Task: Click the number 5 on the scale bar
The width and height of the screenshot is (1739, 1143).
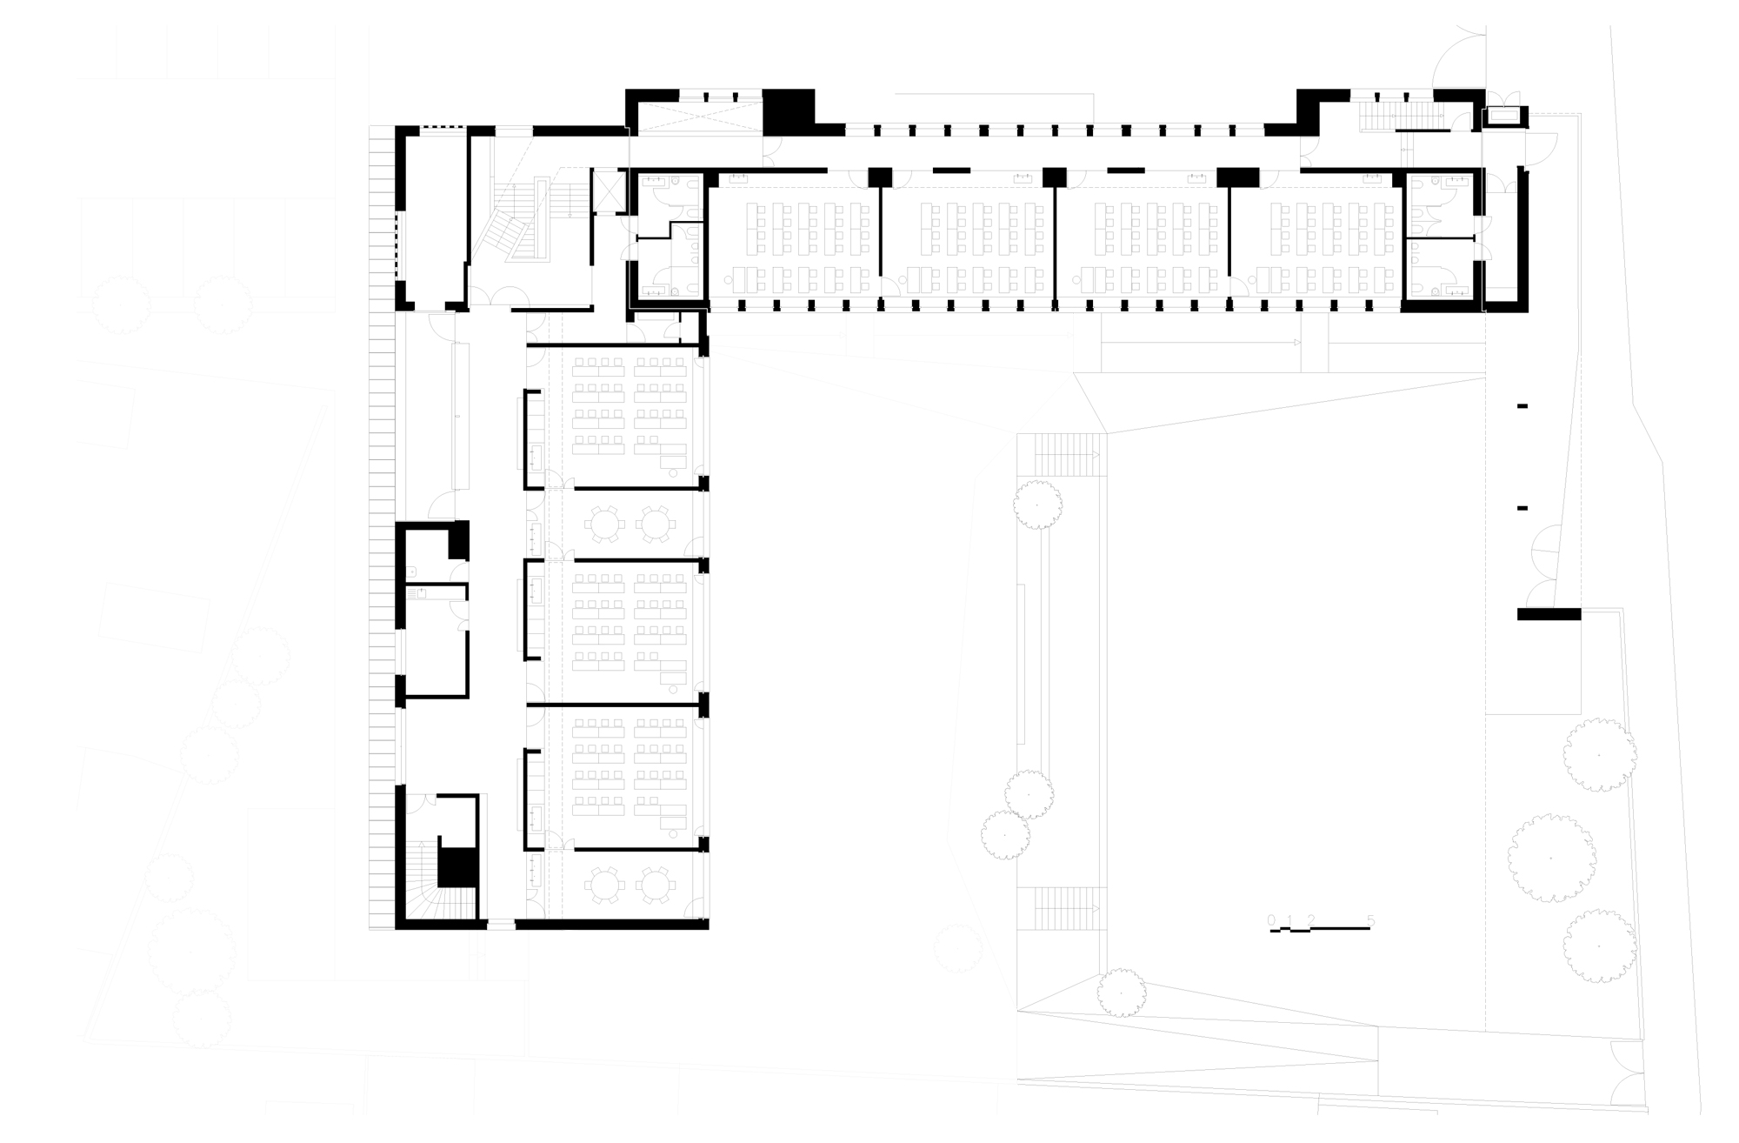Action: click(1371, 919)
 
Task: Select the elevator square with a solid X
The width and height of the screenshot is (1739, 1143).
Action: click(608, 191)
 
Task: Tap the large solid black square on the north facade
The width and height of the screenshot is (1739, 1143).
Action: click(789, 111)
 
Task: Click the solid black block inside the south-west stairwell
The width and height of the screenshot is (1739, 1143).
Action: click(457, 866)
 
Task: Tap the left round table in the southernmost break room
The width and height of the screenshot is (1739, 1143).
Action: click(604, 886)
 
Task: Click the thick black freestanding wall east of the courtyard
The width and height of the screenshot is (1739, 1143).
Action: click(1549, 614)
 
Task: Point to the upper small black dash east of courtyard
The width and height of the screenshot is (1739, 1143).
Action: click(1522, 406)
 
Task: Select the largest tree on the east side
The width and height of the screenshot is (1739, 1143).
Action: click(1552, 859)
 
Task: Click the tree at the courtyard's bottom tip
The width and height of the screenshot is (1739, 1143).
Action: click(1121, 993)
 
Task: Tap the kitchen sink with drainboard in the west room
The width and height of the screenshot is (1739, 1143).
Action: click(421, 593)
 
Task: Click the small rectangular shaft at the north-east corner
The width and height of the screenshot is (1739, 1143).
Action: click(1503, 116)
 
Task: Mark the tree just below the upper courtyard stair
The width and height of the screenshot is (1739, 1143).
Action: click(1037, 505)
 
